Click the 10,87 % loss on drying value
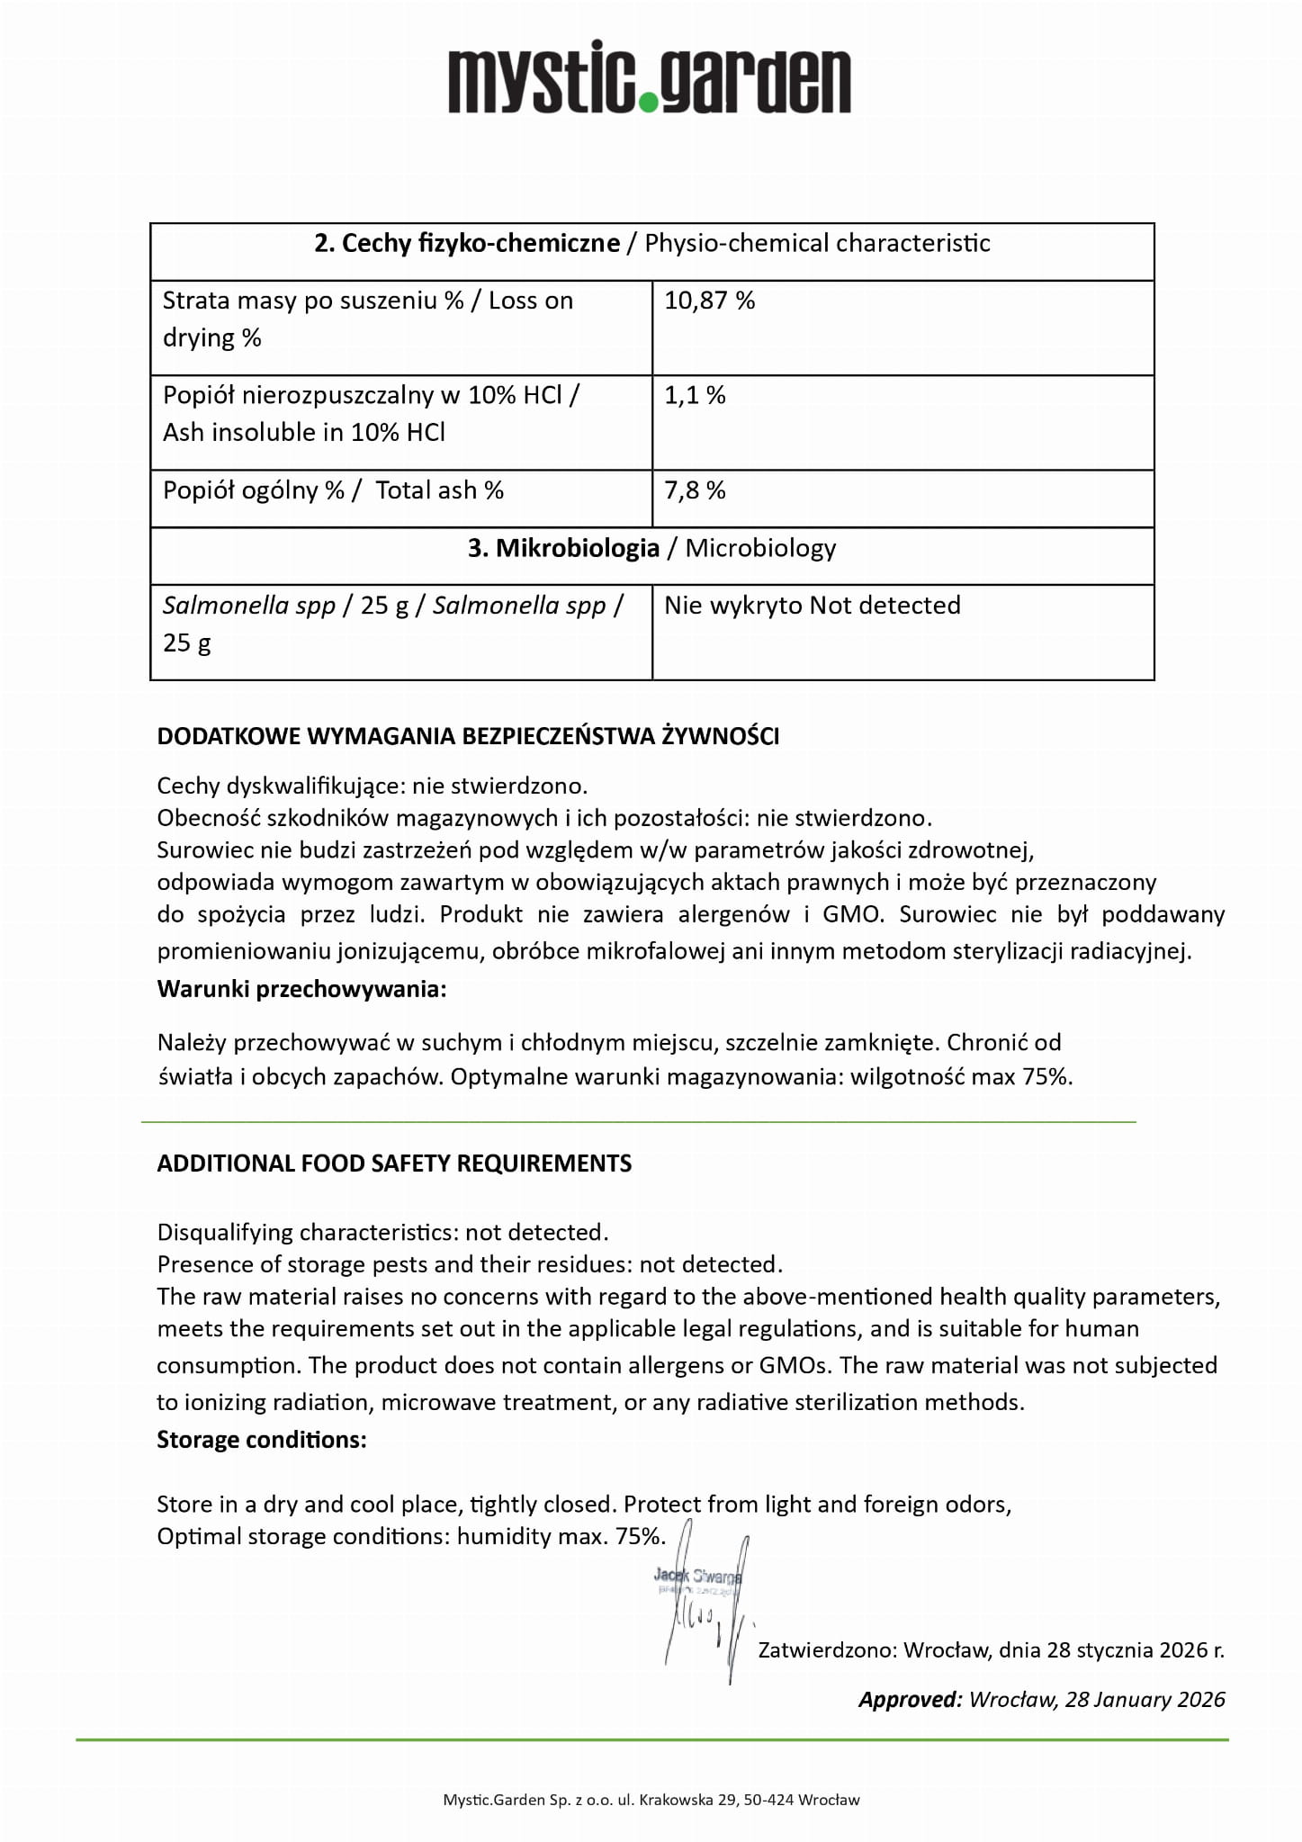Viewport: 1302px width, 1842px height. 709,301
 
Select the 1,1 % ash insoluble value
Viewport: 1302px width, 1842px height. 695,395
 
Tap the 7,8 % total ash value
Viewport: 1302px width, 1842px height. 695,490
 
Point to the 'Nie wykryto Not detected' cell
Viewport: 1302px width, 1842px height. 812,605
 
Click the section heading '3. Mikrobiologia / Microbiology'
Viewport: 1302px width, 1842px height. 651,548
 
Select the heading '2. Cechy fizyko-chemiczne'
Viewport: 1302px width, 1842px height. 467,243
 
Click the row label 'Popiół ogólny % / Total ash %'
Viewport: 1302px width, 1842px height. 333,490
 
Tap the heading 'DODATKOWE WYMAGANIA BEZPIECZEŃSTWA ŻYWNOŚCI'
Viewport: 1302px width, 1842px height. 468,736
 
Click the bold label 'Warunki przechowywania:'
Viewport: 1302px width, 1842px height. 301,989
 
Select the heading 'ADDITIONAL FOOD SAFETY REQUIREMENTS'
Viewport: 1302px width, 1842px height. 394,1164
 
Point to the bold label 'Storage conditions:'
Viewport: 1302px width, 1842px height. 262,1440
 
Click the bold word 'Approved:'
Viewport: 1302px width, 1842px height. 910,1700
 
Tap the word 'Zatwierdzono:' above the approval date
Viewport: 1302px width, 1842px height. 827,1650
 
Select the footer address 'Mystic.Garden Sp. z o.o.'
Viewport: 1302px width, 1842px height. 651,1800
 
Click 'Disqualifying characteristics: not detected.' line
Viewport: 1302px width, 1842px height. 382,1232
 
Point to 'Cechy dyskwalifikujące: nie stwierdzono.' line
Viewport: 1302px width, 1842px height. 372,786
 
